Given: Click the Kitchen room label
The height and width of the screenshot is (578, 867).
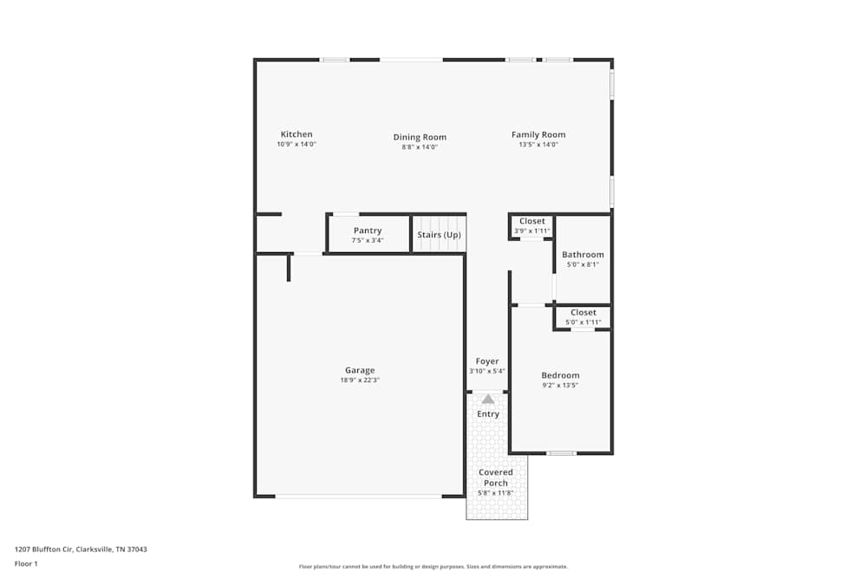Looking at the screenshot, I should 297,134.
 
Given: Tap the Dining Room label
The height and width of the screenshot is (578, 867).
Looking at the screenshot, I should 420,137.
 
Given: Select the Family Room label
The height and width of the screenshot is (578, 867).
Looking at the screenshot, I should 538,134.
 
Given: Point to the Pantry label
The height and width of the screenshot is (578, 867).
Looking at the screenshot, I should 368,231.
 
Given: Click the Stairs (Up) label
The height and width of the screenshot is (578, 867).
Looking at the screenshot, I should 439,235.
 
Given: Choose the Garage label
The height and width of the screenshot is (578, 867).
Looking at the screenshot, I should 360,370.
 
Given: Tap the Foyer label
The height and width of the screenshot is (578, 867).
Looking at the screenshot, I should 487,361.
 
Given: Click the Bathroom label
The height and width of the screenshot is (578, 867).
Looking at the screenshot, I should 583,255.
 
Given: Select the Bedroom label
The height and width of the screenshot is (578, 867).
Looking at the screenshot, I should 560,375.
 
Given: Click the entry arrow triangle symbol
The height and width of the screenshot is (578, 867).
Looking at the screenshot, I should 488,399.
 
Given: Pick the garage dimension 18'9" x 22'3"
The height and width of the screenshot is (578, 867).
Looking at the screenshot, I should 360,380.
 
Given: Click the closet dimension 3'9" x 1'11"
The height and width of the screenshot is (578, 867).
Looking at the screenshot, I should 532,231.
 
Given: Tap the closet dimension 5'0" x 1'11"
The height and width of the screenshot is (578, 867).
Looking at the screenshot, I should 583,322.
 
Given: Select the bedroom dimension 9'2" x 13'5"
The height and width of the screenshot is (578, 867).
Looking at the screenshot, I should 560,386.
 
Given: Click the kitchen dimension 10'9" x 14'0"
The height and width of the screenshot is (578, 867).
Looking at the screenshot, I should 297,145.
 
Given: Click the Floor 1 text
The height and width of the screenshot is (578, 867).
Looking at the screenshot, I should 27,563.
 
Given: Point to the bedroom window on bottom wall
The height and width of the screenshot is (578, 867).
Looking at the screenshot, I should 562,453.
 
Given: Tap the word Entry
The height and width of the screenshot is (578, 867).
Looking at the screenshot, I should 488,414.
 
